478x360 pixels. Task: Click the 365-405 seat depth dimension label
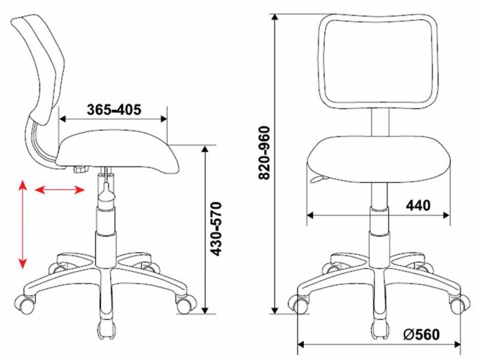[114, 109]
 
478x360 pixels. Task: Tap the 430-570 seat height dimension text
[216, 229]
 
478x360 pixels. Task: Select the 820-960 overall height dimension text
[264, 153]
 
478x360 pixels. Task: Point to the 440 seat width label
[418, 205]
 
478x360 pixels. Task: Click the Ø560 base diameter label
[421, 335]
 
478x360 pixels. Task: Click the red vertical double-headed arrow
[23, 224]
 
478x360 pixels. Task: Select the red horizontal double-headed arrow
[59, 190]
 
